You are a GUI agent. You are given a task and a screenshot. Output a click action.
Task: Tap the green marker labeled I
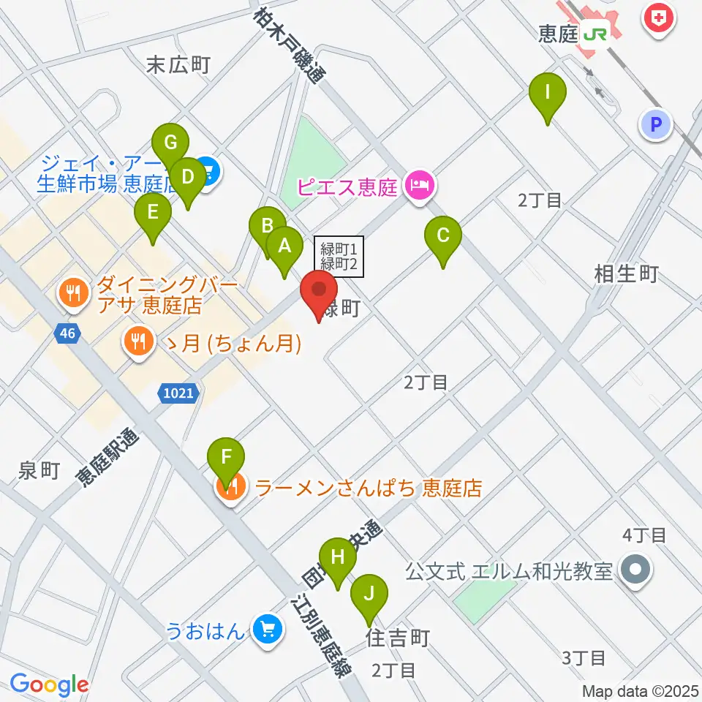point(548,93)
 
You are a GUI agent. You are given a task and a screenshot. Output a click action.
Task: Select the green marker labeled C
point(443,236)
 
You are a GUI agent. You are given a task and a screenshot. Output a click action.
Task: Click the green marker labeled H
point(337,557)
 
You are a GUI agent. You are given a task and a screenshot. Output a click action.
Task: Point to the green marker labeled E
point(153,213)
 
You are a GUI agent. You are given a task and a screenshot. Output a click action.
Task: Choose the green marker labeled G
point(170,143)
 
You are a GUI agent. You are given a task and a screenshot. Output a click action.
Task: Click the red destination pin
point(320,290)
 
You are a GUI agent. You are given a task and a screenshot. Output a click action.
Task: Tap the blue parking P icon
point(656,125)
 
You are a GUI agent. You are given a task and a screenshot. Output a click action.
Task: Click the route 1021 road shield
point(178,393)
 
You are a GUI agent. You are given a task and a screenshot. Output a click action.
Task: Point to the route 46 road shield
point(68,333)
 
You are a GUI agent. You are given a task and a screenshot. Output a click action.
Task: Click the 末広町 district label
point(178,66)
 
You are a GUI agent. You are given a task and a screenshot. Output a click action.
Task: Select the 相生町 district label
point(627,274)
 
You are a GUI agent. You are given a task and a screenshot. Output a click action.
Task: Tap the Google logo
point(49,684)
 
